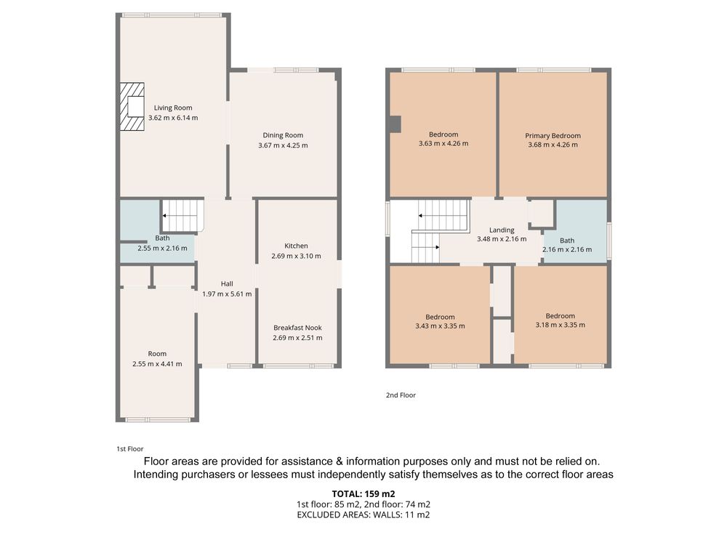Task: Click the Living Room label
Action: pos(173,108)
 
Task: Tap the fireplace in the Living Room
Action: pos(132,107)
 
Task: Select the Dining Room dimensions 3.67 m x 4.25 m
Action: pos(283,145)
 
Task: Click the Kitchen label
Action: pos(297,246)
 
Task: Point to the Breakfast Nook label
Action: pos(297,328)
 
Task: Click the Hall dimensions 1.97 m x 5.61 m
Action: pos(227,294)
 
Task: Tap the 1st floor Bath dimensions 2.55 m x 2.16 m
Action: pos(162,249)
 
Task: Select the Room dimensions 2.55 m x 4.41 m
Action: pos(157,364)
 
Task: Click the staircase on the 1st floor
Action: pos(182,215)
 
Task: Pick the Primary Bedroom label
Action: pos(553,136)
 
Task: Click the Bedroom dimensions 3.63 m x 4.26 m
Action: pos(443,144)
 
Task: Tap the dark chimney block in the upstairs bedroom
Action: pos(395,124)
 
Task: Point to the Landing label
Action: pos(502,230)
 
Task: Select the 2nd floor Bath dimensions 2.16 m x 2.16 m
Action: pos(567,249)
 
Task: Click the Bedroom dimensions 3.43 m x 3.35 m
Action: pos(440,326)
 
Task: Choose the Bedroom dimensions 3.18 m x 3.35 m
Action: pos(560,325)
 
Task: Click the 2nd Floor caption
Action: pos(401,395)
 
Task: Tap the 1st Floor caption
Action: pos(130,449)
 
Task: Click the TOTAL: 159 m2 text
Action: pos(363,494)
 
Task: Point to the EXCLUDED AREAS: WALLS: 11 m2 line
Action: pos(363,514)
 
